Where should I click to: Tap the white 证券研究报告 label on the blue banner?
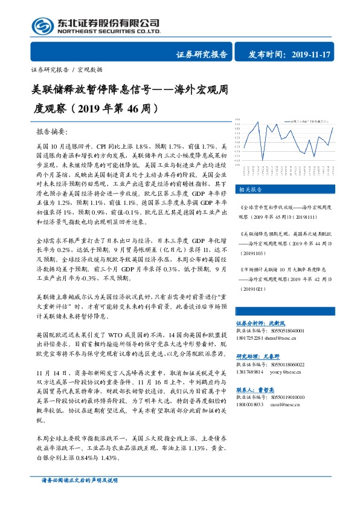tap(202, 54)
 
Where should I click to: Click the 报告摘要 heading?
tap(53, 131)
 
